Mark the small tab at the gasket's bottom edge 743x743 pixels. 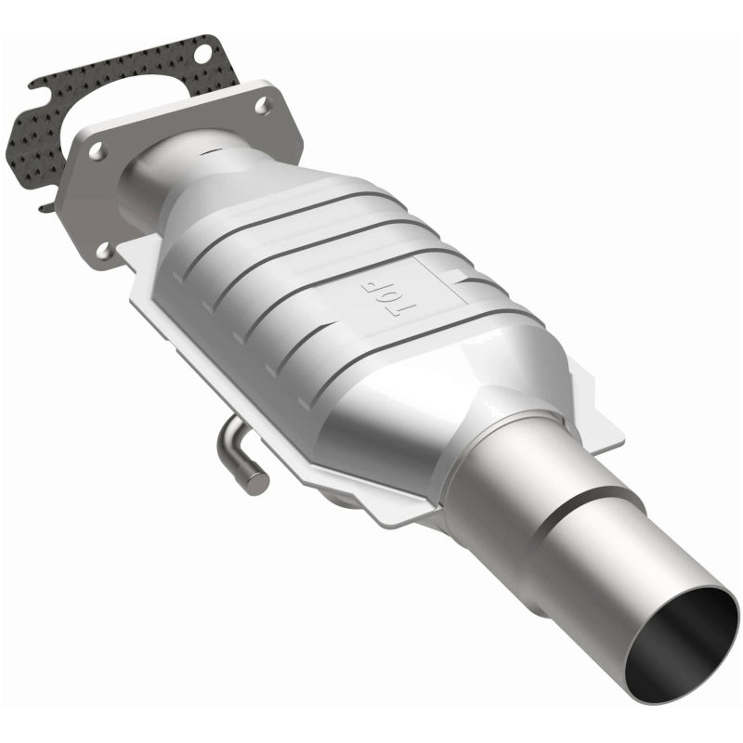point(46,205)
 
